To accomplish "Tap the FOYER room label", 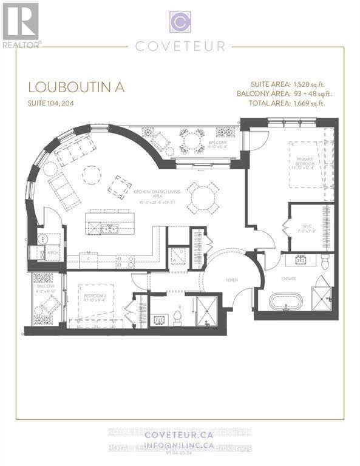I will [231, 282].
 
